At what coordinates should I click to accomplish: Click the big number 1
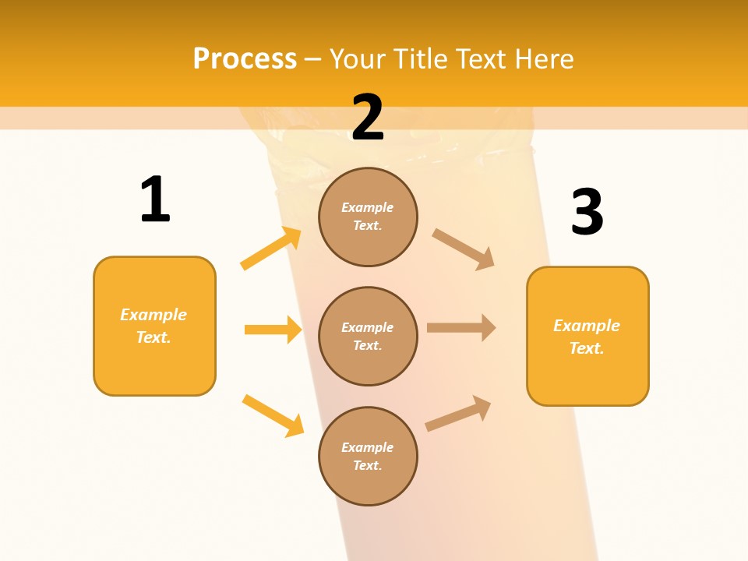(x=155, y=199)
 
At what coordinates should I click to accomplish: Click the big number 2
(x=368, y=117)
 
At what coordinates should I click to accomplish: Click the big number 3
(x=587, y=212)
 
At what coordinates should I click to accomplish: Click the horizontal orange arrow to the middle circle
(x=273, y=330)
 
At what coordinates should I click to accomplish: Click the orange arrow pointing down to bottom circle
(x=273, y=415)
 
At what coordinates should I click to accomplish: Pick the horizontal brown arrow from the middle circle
(x=461, y=327)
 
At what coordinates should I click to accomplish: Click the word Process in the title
(x=245, y=58)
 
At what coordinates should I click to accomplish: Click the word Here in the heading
(x=542, y=58)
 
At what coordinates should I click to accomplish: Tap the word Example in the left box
(x=153, y=315)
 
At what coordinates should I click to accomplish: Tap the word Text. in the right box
(x=587, y=348)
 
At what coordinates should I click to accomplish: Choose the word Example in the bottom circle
(x=368, y=447)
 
